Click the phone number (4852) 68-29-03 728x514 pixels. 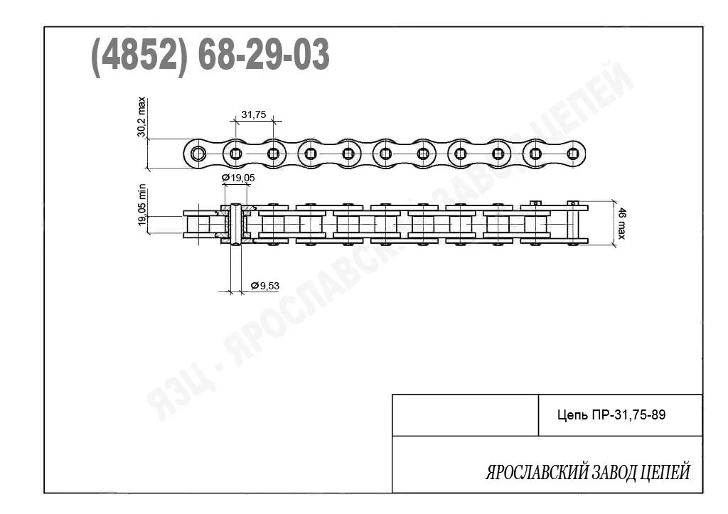point(210,55)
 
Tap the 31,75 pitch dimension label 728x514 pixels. point(254,114)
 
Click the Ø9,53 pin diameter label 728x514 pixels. point(264,286)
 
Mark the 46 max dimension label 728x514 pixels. point(621,223)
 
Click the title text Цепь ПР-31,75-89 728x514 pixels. point(611,415)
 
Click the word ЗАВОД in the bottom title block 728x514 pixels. point(614,473)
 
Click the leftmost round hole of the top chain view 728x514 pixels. point(198,154)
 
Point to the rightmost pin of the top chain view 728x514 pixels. point(572,154)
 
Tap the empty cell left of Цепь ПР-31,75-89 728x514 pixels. point(465,415)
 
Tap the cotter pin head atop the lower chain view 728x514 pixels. point(535,203)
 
